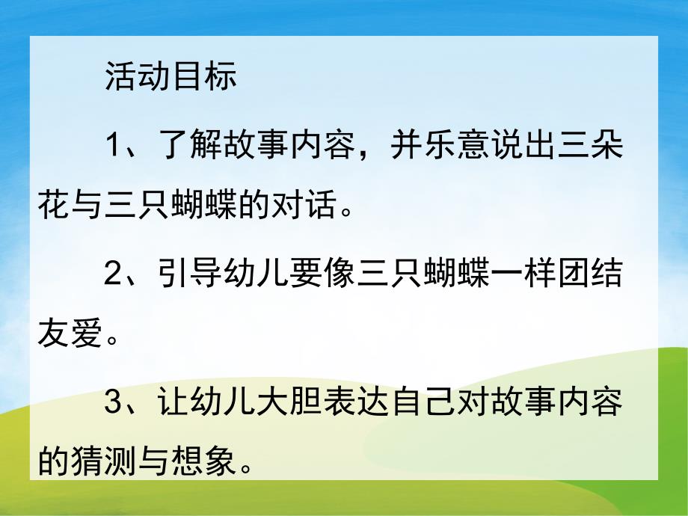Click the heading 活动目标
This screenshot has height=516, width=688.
171,76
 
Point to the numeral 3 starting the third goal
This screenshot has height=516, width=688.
113,405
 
